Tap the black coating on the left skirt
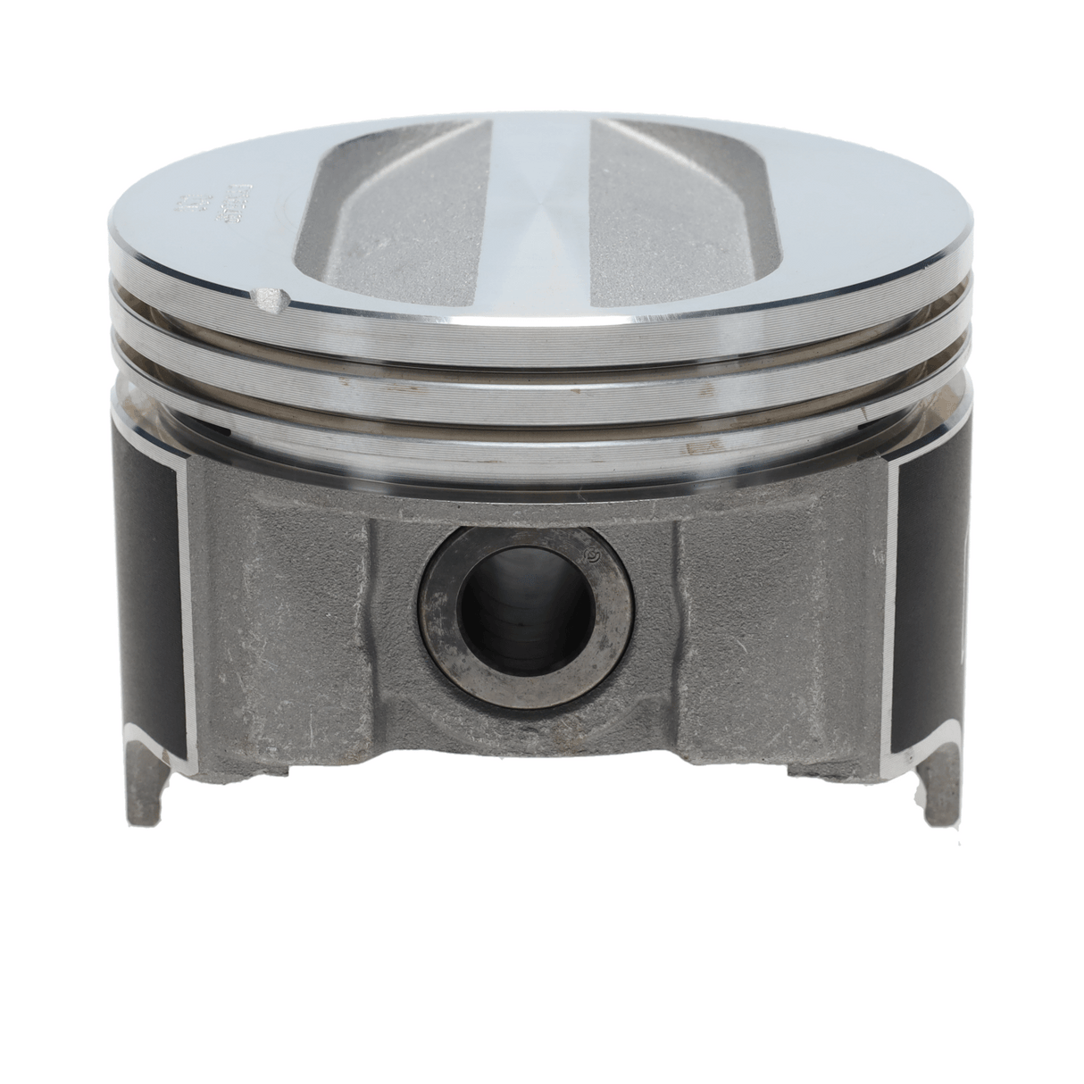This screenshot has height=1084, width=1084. pyautogui.click(x=152, y=580)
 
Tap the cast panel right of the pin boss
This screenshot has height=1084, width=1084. pyautogui.click(x=768, y=625)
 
